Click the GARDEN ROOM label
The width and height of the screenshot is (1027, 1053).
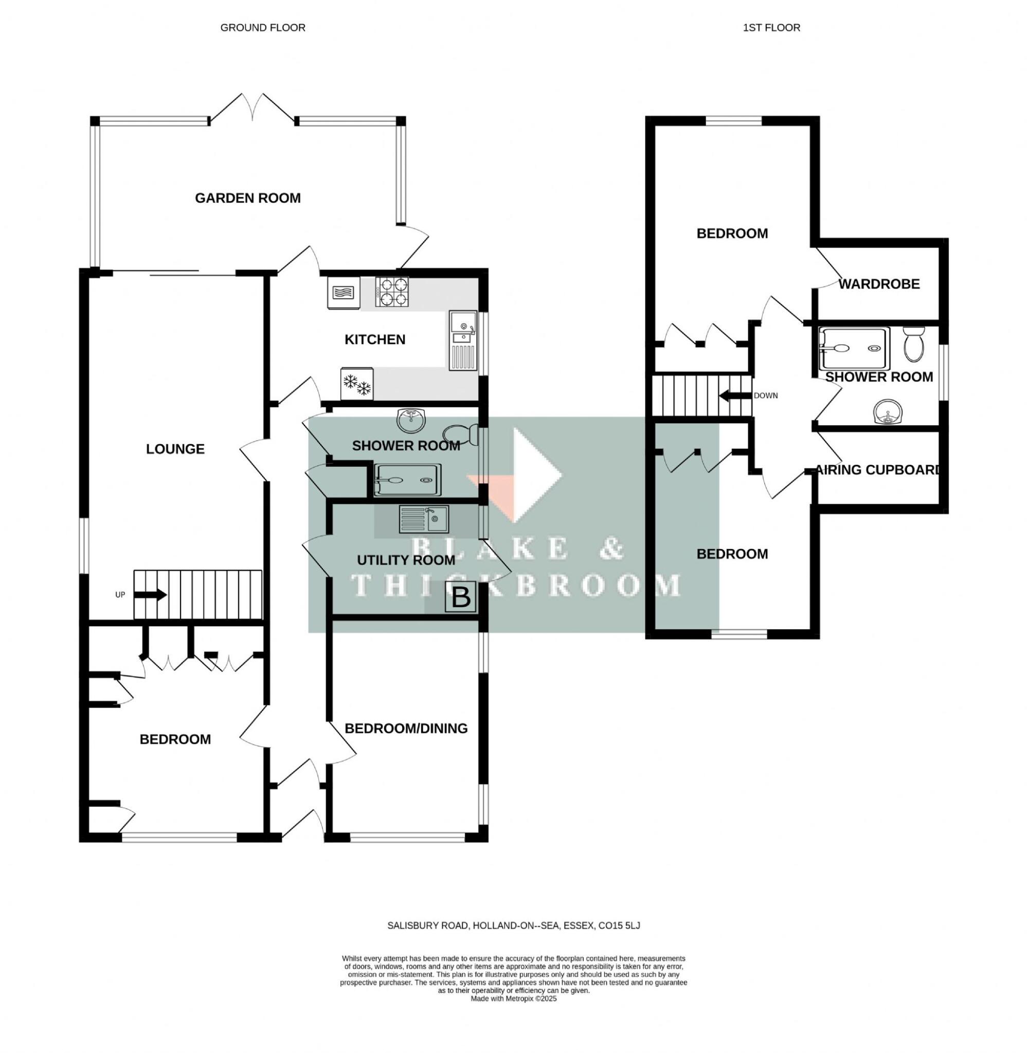pyautogui.click(x=247, y=198)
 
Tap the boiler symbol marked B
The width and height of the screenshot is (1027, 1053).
pyautogui.click(x=460, y=597)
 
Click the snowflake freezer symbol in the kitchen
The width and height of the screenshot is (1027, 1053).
pyautogui.click(x=357, y=384)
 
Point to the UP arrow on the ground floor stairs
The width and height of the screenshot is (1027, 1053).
pyautogui.click(x=150, y=595)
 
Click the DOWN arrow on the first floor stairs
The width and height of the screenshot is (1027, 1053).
pyautogui.click(x=733, y=396)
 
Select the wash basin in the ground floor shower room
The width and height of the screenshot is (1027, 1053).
pyautogui.click(x=411, y=420)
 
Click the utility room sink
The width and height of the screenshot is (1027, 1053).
pyautogui.click(x=423, y=520)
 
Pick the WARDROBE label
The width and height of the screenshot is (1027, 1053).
pyautogui.click(x=879, y=284)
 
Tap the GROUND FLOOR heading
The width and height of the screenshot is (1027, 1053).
pyautogui.click(x=263, y=27)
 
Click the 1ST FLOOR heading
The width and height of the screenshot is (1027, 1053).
pyautogui.click(x=771, y=27)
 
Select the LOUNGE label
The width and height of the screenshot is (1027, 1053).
pyautogui.click(x=175, y=449)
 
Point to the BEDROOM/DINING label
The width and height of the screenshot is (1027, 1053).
pyautogui.click(x=406, y=729)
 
